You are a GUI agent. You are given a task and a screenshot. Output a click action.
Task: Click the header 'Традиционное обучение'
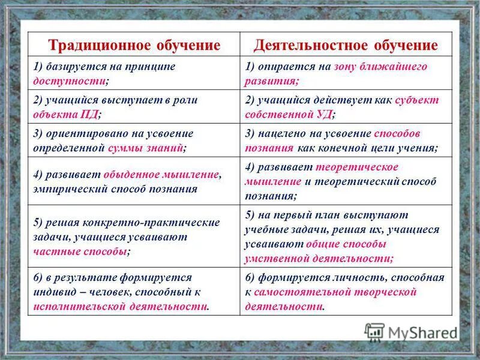coord(134,45)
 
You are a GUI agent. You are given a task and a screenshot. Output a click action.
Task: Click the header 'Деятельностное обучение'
coord(346,45)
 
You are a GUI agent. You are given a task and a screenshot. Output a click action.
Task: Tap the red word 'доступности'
coord(70,80)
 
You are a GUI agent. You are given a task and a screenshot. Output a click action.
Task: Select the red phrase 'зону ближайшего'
coord(380,67)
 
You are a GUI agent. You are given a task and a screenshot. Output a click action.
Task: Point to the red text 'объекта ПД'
coord(65,113)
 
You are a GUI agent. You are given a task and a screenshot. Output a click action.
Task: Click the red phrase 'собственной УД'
coord(287,113)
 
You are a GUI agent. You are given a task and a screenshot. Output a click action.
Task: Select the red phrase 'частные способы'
coord(80,251)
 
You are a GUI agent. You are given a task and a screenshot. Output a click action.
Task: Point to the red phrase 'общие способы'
coord(346,244)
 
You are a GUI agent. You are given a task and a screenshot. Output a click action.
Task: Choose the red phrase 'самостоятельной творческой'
coord(335,292)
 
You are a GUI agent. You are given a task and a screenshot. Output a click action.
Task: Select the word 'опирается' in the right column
coord(284,67)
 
